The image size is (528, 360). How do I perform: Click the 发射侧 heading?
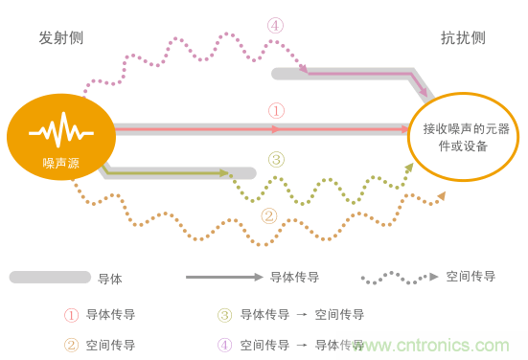point(61,37)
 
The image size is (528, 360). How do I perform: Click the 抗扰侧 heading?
point(463,37)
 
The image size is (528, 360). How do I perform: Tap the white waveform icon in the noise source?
point(61,130)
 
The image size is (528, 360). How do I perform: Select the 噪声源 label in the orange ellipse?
point(61,163)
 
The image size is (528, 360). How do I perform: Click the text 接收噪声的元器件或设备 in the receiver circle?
point(466,137)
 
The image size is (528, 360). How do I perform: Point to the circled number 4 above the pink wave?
point(275,26)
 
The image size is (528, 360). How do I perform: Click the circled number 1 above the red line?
point(277,111)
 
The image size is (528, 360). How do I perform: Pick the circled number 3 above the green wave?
point(277,160)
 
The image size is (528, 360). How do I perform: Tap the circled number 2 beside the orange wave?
point(269,216)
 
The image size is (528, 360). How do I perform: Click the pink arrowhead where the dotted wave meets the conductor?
point(304,69)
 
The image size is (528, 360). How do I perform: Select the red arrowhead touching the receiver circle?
point(405,129)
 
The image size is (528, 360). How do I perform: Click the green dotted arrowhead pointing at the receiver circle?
point(409,168)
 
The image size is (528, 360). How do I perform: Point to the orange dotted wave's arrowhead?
point(442,196)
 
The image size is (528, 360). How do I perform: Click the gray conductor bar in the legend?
point(50,278)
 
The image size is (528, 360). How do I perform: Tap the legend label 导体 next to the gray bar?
point(110,279)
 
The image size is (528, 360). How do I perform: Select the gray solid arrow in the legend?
point(224,278)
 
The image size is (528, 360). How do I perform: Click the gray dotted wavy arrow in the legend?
point(400,278)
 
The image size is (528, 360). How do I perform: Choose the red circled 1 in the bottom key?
point(71,315)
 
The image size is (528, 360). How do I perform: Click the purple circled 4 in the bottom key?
point(224,346)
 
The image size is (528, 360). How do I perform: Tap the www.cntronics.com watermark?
point(430,346)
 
